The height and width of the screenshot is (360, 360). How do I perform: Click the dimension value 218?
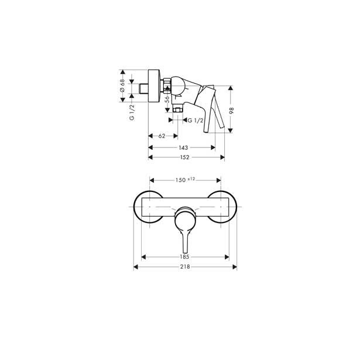click(x=185, y=267)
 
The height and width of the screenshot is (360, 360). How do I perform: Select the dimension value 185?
click(x=184, y=257)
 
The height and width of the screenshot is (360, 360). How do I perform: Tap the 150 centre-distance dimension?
click(x=180, y=180)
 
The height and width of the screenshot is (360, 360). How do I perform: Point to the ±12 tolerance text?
click(x=191, y=179)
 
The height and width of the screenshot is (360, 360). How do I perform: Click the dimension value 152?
click(x=184, y=157)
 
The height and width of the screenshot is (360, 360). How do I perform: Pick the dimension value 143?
click(x=183, y=148)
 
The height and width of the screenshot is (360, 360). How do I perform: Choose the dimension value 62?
click(x=162, y=136)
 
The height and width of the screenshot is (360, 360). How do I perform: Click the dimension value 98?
click(x=231, y=111)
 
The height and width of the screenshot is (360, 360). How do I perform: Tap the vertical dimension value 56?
click(x=167, y=99)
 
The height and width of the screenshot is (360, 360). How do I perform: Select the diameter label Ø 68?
click(x=122, y=85)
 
